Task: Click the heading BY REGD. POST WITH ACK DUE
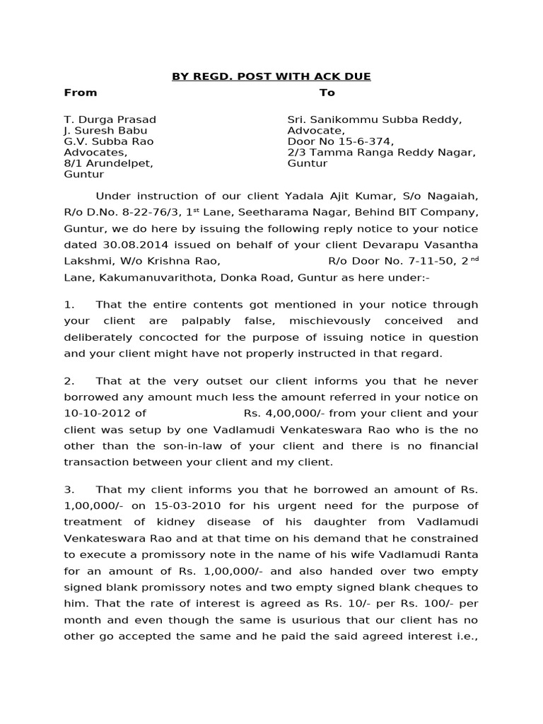(x=271, y=76)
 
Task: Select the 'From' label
(x=81, y=93)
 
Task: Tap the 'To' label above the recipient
(x=327, y=93)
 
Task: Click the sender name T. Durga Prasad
(x=110, y=119)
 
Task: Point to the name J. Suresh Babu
(x=106, y=131)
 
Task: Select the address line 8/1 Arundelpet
(x=108, y=163)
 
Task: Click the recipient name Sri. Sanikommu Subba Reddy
(x=374, y=119)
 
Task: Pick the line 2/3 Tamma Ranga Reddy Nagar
(x=381, y=153)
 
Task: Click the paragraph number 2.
(x=69, y=380)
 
